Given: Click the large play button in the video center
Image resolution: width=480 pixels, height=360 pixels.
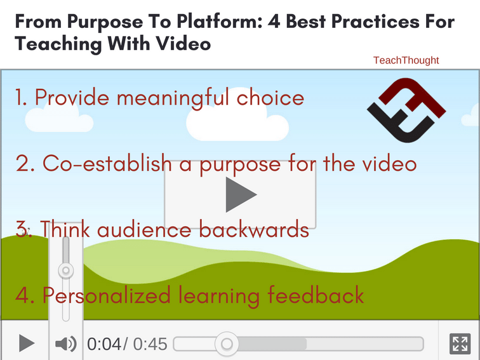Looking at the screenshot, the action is point(240,194).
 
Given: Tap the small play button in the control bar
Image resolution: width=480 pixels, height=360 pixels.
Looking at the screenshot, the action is point(27,343).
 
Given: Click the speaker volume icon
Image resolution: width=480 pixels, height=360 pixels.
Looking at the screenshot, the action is point(66,343).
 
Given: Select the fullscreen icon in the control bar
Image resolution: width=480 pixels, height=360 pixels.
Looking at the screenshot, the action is point(460,343).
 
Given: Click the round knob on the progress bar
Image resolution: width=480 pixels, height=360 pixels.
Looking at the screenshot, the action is point(227,343).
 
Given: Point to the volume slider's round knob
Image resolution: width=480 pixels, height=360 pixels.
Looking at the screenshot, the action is point(66,270).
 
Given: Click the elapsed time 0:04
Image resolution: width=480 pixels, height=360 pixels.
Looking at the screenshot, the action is point(104,343).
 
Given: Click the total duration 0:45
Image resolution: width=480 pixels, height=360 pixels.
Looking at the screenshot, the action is point(150,343).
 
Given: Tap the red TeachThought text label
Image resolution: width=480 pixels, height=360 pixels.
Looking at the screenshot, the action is point(406,60).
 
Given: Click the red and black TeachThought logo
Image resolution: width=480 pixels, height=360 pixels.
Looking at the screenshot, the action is point(406,110).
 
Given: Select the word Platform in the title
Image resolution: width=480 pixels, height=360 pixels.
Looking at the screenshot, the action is point(220,22).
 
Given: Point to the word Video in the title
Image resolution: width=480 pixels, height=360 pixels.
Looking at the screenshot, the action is point(183,43).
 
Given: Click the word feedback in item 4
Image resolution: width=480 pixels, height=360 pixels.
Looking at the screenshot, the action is point(316,295).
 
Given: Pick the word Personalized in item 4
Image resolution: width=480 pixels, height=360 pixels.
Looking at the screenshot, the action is point(106,296).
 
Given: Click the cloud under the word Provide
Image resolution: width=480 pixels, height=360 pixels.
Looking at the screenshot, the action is point(59,120).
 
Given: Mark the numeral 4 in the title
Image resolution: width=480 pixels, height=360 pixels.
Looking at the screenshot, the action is point(274,22).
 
